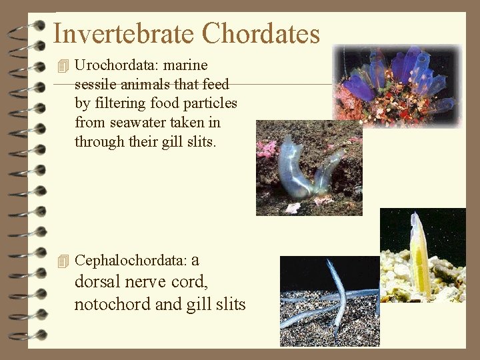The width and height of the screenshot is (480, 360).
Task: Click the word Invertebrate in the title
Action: pyautogui.click(x=123, y=33)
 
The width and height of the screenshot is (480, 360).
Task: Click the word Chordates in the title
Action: pyautogui.click(x=261, y=33)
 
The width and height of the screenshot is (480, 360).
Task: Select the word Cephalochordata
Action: pyautogui.click(x=131, y=260)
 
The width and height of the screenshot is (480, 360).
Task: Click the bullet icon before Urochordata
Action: pyautogui.click(x=63, y=66)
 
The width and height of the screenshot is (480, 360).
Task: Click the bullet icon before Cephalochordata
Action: pyautogui.click(x=63, y=261)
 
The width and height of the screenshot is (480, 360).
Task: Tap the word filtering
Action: pyautogui.click(x=120, y=104)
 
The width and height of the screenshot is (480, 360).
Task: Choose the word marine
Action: pyautogui.click(x=185, y=65)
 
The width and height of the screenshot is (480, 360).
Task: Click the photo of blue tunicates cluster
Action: pyautogui.click(x=397, y=85)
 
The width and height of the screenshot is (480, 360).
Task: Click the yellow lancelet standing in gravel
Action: pyautogui.click(x=420, y=257)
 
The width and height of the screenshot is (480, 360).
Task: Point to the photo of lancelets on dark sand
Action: pyautogui.click(x=329, y=301)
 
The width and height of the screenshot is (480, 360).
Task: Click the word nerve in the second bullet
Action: pyautogui.click(x=146, y=282)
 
